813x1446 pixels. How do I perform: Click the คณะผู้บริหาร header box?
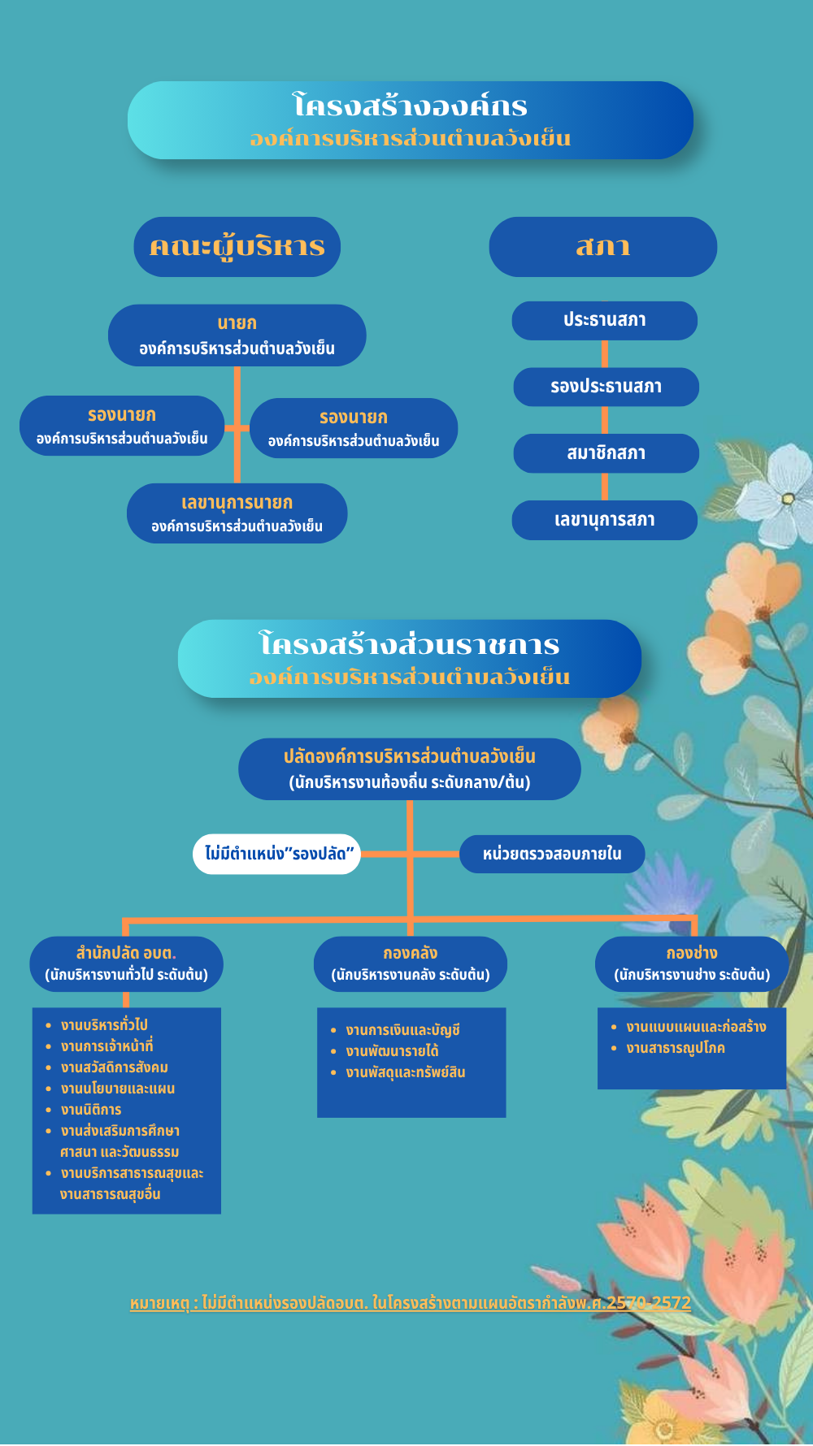(x=237, y=247)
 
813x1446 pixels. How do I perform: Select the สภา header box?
(x=602, y=247)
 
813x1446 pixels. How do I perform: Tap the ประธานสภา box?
(x=604, y=321)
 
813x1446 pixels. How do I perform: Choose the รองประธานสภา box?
(x=606, y=387)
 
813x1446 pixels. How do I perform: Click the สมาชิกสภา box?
(x=606, y=453)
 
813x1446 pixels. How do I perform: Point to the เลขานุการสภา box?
(x=604, y=520)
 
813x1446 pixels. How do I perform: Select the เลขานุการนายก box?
(x=237, y=513)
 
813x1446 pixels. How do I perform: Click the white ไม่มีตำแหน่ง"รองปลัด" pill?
(x=276, y=854)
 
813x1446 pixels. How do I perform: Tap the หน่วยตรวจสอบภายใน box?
(x=552, y=854)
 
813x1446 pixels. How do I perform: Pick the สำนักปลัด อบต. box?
(x=126, y=964)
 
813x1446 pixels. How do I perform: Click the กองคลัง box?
(x=411, y=964)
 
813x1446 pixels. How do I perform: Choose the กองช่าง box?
(x=692, y=964)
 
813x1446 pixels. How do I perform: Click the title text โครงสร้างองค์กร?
(x=411, y=106)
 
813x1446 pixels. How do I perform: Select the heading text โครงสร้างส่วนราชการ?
(x=410, y=644)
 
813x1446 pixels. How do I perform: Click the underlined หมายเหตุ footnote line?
(x=411, y=1303)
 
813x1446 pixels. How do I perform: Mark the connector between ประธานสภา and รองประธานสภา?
(x=604, y=354)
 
